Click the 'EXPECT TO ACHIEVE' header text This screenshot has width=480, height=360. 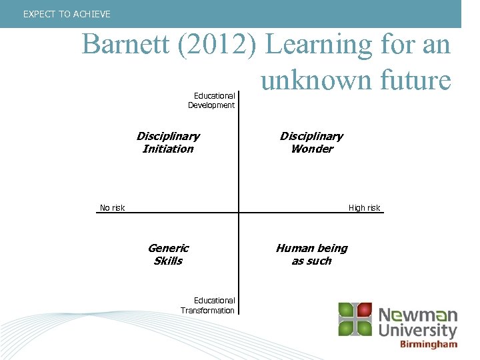click(x=67, y=14)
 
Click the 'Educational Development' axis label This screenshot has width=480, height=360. click(x=212, y=100)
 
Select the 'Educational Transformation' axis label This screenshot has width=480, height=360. click(x=208, y=305)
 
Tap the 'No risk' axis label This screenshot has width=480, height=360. click(x=112, y=208)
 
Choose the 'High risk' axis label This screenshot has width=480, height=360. click(x=364, y=208)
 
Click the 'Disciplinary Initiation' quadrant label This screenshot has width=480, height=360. click(x=168, y=142)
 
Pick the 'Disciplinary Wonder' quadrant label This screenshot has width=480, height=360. click(x=311, y=142)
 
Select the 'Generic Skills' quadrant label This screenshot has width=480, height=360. click(x=168, y=254)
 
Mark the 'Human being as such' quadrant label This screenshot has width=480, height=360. click(x=311, y=254)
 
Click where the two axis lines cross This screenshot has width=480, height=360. click(x=239, y=213)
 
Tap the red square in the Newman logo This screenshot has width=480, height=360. click(x=363, y=311)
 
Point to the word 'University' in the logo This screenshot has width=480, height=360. click(x=418, y=331)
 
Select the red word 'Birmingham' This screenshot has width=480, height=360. click(x=429, y=345)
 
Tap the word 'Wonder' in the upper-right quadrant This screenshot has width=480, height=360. click(x=311, y=149)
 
